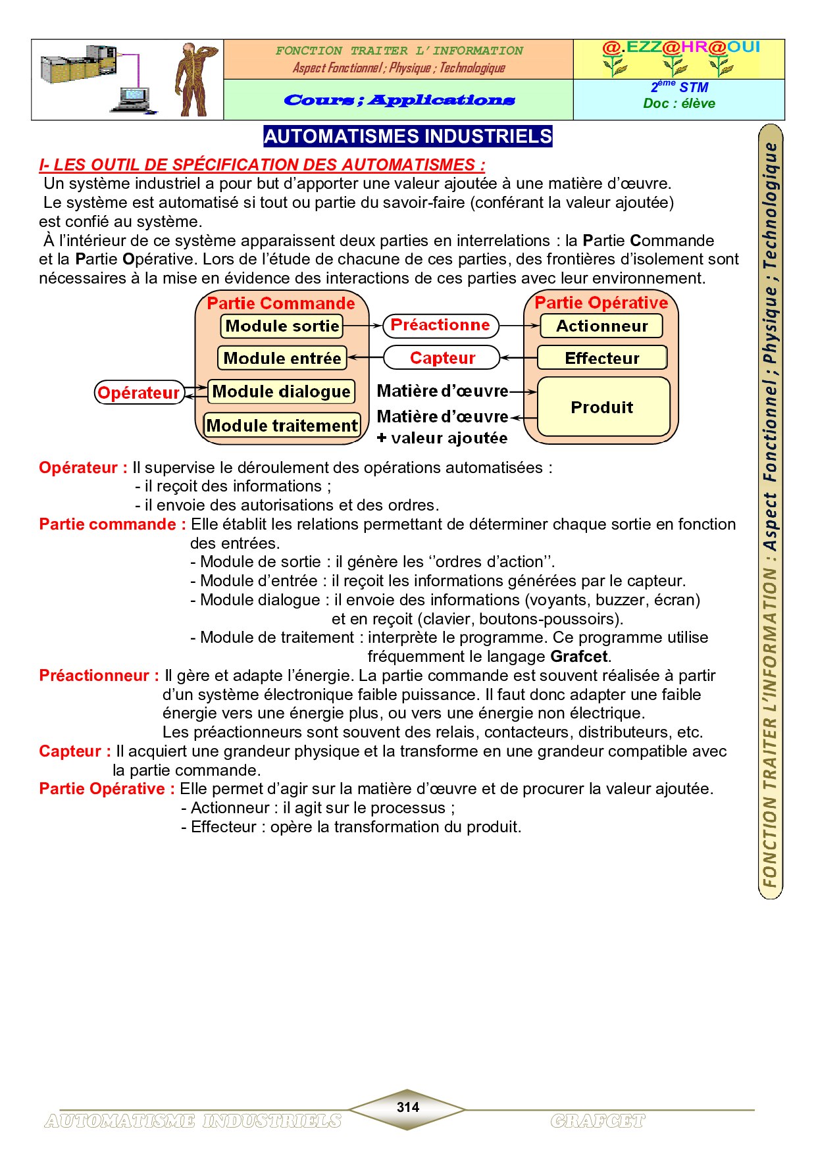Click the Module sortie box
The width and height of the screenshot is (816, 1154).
coord(282,326)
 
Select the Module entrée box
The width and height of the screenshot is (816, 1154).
coord(282,359)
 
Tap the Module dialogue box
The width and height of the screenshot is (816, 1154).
coord(281,392)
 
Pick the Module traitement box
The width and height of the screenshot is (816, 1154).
coord(282,426)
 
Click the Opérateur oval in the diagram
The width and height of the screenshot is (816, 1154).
coord(139,393)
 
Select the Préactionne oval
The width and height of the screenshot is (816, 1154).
coord(440,325)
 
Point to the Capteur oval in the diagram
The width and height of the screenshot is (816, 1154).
coord(442,358)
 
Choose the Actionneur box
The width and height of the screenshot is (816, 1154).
coord(601,326)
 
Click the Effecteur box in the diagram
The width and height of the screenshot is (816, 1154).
coord(602,359)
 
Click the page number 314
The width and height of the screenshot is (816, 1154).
coord(408,1107)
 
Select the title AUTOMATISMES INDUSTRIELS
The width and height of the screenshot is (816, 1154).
coord(408,136)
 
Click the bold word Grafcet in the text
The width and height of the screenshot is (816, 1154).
coord(579,657)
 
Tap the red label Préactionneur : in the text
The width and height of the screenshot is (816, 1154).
coord(99,676)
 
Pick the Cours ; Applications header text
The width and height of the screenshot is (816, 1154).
coord(399,100)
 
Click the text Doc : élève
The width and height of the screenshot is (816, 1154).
coord(679,103)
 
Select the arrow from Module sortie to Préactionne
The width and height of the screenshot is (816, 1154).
coord(363,326)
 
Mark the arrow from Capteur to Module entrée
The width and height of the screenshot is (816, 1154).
coord(365,358)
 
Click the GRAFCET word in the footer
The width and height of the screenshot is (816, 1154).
coord(598,1121)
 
